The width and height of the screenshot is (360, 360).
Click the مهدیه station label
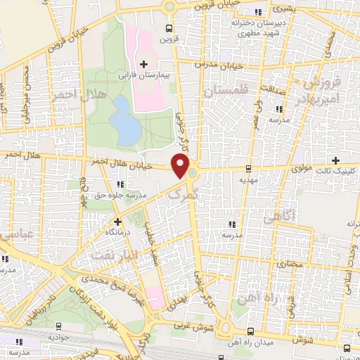247,179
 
